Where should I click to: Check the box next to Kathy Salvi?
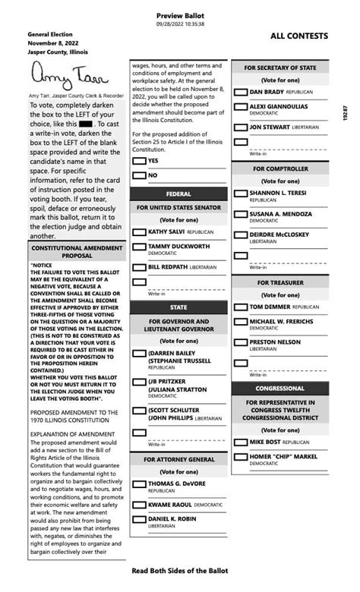(x=139, y=231)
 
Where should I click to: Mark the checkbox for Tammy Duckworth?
(x=139, y=247)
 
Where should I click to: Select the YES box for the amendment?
(x=139, y=160)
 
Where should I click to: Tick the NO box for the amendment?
(x=139, y=175)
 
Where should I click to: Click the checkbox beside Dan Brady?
(x=241, y=92)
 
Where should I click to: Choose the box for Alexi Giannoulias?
(x=241, y=107)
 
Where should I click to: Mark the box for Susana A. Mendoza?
(x=241, y=215)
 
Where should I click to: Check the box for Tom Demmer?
(x=241, y=307)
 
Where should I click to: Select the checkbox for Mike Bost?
(x=241, y=442)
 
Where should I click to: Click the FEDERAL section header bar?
(x=178, y=194)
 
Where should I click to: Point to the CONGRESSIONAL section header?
(x=279, y=388)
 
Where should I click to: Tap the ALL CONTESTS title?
(x=299, y=36)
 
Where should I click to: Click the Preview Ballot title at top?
(x=180, y=15)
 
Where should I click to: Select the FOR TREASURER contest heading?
(x=279, y=282)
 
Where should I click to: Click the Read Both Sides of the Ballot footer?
(x=179, y=570)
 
